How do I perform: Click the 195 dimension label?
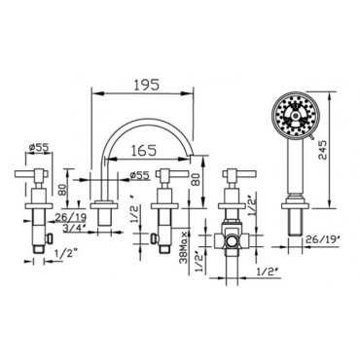point(147,85)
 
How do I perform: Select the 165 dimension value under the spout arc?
point(144,151)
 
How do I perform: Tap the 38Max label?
point(185,247)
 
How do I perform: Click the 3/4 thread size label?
point(74,229)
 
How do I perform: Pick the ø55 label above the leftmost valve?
point(39,148)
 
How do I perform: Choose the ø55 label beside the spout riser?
point(139,175)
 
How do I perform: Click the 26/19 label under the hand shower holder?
point(322,239)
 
